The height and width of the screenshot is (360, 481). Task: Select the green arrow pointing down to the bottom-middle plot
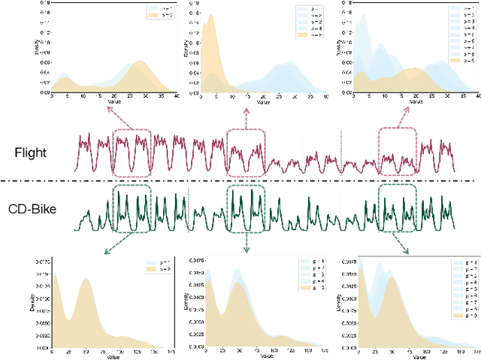[x=247, y=243]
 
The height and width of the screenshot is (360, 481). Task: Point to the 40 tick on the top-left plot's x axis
[x=175, y=96]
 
